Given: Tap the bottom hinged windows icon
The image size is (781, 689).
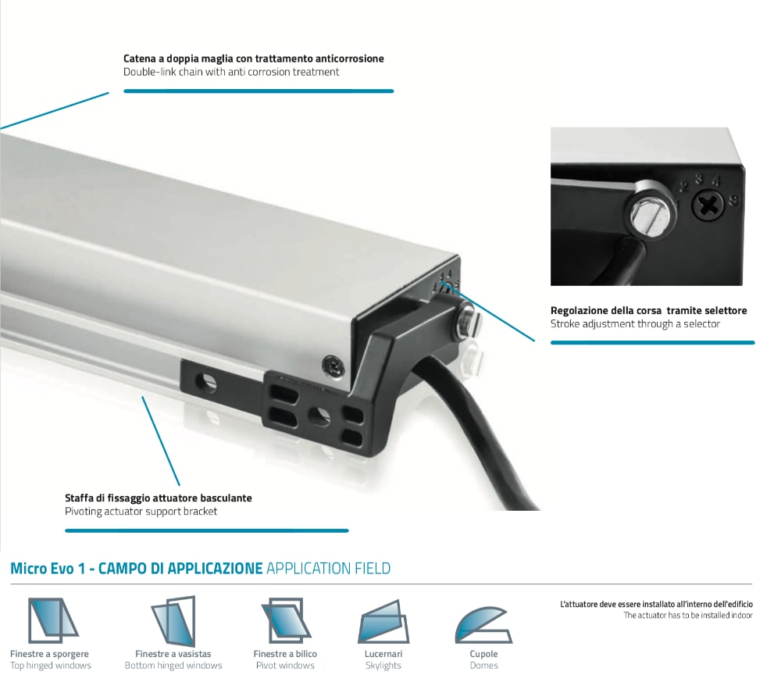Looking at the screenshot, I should point(173,621).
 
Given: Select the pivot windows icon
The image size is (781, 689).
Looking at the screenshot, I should point(285,620).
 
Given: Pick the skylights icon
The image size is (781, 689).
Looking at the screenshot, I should point(383,623).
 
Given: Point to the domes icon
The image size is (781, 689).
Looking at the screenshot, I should point(483,625).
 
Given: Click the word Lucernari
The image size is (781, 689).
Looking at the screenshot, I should point(383,654).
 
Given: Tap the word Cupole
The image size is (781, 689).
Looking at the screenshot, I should point(483,654).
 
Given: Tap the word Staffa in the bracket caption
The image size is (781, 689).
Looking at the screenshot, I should point(80,498).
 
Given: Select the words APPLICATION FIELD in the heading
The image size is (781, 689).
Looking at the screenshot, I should point(328,568).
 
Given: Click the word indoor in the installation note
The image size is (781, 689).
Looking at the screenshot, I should point(741,616).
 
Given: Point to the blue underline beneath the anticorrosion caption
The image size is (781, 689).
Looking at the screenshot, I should point(259,91).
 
